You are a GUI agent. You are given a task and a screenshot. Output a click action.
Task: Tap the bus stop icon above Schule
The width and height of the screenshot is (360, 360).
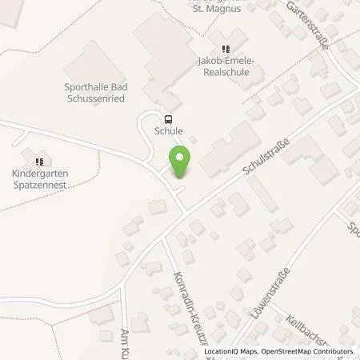[x=167, y=117]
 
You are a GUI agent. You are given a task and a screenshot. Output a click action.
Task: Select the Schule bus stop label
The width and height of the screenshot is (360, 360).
[x=170, y=130]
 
